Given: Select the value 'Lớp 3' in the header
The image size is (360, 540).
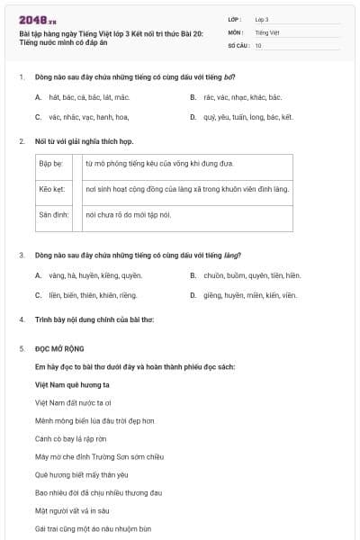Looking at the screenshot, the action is (262, 19).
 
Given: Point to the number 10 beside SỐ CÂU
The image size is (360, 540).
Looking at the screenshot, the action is (258, 45).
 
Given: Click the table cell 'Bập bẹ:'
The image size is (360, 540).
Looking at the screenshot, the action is (50, 165).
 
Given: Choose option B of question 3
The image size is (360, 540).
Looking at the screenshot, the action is (245, 275).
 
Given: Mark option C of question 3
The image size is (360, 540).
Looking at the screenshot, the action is (86, 295).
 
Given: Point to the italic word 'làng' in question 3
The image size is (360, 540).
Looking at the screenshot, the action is (232, 256).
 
